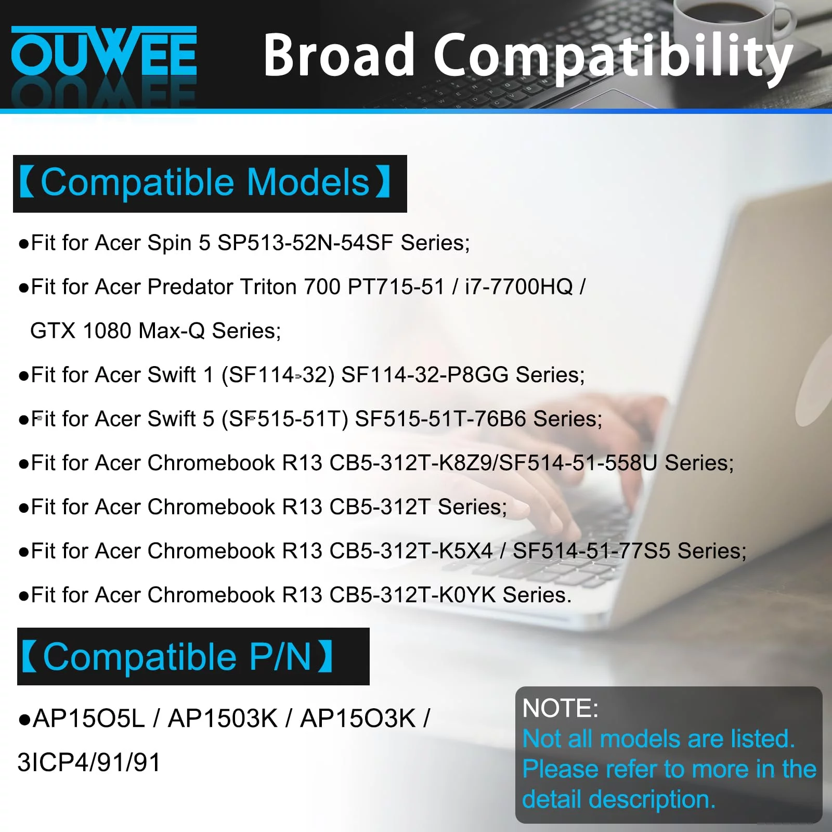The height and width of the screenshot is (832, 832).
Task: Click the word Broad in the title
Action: (x=339, y=54)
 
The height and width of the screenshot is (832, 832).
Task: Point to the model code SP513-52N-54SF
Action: (x=305, y=243)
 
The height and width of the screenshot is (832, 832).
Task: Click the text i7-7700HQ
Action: (x=519, y=287)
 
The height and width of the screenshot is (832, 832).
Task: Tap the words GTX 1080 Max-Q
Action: (x=118, y=331)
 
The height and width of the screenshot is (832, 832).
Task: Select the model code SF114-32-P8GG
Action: (x=425, y=375)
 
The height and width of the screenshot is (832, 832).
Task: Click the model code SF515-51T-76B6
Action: (x=440, y=419)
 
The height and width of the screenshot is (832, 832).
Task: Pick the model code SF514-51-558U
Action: (x=578, y=463)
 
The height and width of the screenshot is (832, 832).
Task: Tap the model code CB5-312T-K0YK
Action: (x=413, y=595)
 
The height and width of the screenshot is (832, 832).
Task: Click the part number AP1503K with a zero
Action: (x=223, y=719)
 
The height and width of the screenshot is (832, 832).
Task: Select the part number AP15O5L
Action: (x=88, y=719)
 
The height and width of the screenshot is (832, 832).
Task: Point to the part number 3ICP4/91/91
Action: (x=89, y=763)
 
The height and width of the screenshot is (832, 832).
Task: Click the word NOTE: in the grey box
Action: (x=561, y=708)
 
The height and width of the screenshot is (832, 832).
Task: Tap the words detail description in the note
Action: (x=619, y=799)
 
